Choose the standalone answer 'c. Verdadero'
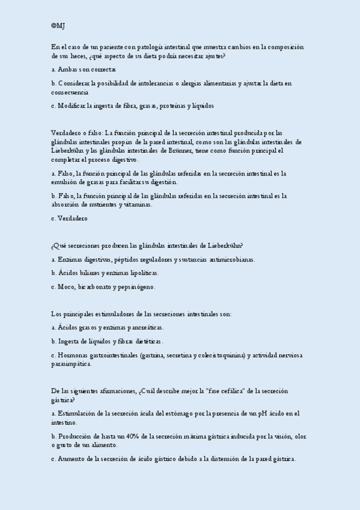click(69, 219)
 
